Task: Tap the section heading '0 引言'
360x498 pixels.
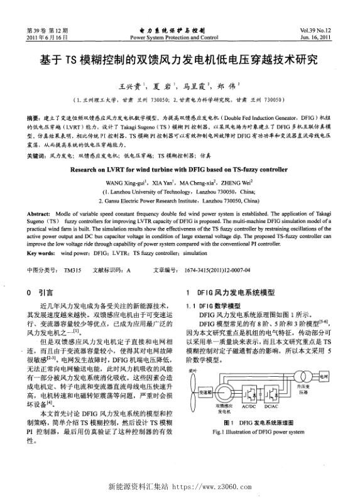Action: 36,292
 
